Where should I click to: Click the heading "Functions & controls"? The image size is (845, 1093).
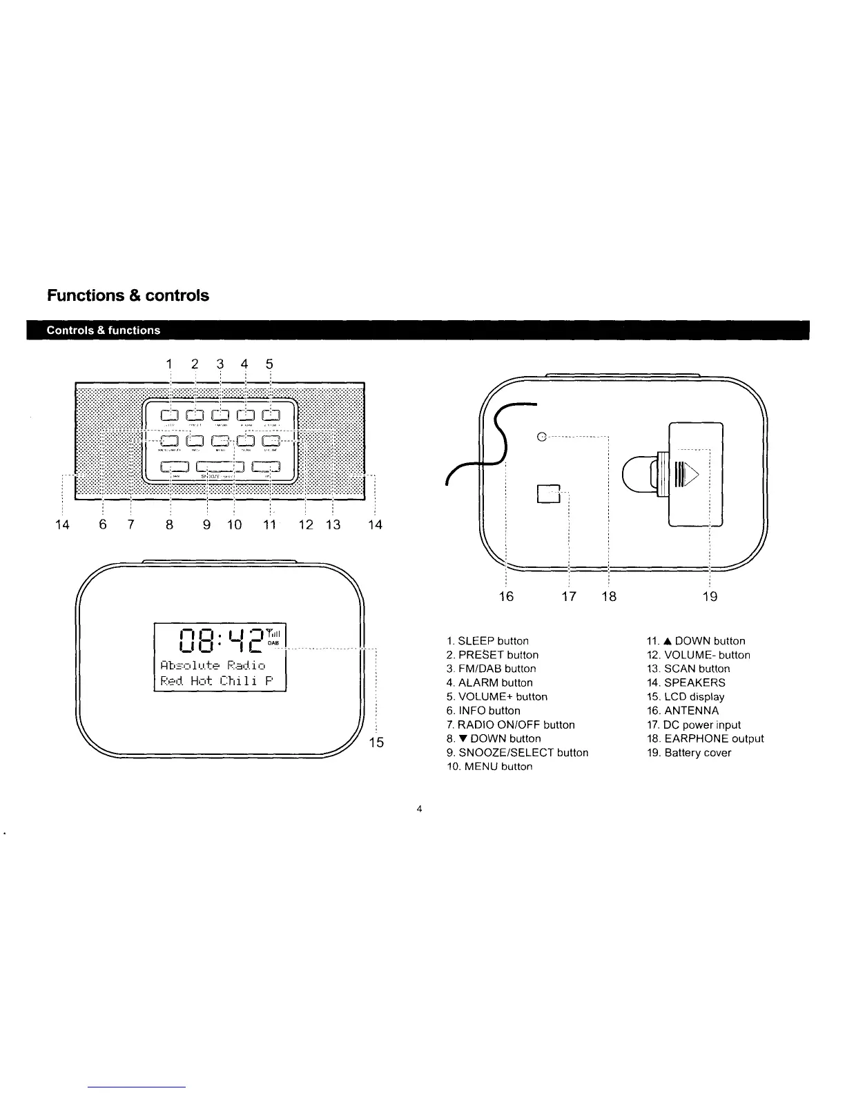tap(128, 295)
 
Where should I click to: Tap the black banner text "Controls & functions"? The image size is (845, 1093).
tap(103, 330)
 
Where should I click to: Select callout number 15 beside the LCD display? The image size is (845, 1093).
tap(376, 742)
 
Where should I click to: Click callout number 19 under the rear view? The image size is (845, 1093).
tap(710, 596)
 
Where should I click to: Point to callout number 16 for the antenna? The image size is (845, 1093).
tap(506, 596)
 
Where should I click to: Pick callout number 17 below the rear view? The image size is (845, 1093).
tap(569, 596)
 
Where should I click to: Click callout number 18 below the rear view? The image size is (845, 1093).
tap(608, 596)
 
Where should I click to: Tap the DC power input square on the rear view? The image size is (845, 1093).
tap(547, 494)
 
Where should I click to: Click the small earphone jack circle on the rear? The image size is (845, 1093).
tap(542, 436)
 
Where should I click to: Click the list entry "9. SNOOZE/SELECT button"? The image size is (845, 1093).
tap(517, 753)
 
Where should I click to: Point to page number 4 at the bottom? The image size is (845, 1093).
tap(419, 809)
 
